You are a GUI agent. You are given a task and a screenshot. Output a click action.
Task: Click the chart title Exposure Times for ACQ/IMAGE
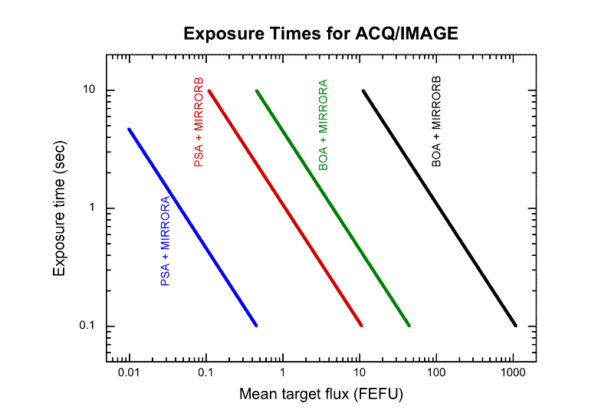pyautogui.click(x=320, y=34)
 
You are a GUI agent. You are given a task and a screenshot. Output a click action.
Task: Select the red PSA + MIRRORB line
pyautogui.click(x=284, y=208)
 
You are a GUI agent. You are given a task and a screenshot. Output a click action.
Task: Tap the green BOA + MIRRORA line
pyautogui.click(x=333, y=208)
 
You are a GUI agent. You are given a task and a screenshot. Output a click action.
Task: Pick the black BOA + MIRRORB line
pyautogui.click(x=439, y=208)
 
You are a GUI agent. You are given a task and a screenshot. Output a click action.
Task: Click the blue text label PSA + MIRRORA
pyautogui.click(x=165, y=241)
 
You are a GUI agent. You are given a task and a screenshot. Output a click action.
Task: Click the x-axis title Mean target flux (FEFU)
pyautogui.click(x=321, y=395)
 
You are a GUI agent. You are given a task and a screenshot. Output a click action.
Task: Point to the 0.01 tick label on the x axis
pyautogui.click(x=130, y=372)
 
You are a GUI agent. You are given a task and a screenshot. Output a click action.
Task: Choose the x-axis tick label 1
pyautogui.click(x=283, y=372)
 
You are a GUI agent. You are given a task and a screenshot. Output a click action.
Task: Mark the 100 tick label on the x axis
pyautogui.click(x=436, y=372)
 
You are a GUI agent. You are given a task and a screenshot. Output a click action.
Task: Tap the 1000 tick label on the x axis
pyautogui.click(x=513, y=372)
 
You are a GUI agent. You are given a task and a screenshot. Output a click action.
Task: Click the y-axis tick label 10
pyautogui.click(x=89, y=90)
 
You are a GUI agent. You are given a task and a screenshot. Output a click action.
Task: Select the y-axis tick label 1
pyautogui.click(x=92, y=208)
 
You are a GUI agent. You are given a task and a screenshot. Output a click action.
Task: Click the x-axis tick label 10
pyautogui.click(x=360, y=372)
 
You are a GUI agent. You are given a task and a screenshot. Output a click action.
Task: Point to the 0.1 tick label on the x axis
pyautogui.click(x=206, y=372)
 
